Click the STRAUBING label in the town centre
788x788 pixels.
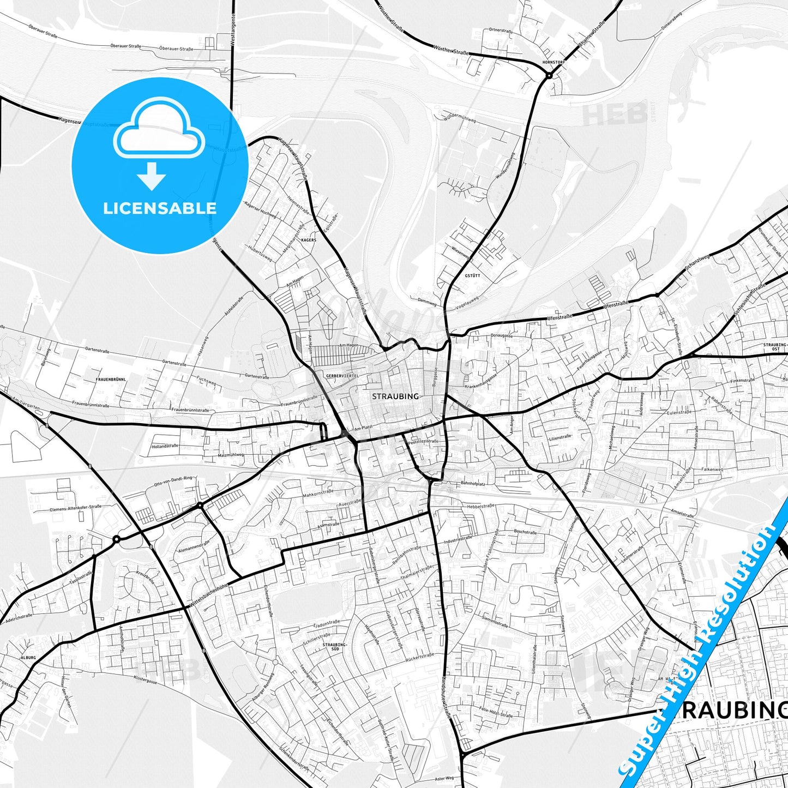pyautogui.click(x=395, y=396)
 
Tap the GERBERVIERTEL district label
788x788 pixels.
pyautogui.click(x=341, y=376)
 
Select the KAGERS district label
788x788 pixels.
pyautogui.click(x=309, y=240)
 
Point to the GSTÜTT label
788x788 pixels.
pyautogui.click(x=472, y=276)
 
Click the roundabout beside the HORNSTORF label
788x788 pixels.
pyautogui.click(x=549, y=75)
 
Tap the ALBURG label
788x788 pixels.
pyautogui.click(x=28, y=658)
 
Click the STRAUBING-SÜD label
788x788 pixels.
pyautogui.click(x=331, y=647)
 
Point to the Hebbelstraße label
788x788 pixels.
pyautogui.click(x=481, y=506)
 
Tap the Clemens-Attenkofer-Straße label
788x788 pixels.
pyautogui.click(x=76, y=507)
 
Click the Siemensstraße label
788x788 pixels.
pyautogui.click(x=495, y=621)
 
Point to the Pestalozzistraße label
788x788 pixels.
pyautogui.click(x=423, y=441)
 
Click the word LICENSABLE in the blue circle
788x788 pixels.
pyautogui.click(x=160, y=208)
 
